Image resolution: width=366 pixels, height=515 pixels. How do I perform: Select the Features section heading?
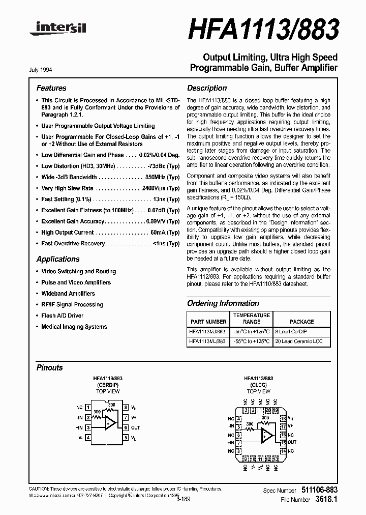coord(51,88)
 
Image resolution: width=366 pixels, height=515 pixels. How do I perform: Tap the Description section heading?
coord(207,88)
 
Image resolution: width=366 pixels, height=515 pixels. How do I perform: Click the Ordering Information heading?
coord(223,303)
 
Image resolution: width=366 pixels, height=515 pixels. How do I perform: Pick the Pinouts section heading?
coord(50,367)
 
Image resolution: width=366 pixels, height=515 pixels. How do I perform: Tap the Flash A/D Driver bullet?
coord(62,316)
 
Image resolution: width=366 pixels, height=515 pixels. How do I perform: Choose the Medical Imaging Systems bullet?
coord(74,327)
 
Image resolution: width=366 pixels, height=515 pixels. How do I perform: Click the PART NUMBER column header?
coord(208,322)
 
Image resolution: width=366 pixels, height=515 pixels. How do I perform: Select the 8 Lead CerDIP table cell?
coord(292,331)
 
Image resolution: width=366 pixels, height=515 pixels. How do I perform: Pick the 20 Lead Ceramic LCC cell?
coord(300,341)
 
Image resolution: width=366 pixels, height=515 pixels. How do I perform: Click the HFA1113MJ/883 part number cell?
coord(207,331)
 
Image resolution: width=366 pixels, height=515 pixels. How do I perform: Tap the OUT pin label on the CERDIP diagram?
coord(135,428)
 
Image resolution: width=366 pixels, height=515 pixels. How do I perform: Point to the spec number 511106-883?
coord(317,490)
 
